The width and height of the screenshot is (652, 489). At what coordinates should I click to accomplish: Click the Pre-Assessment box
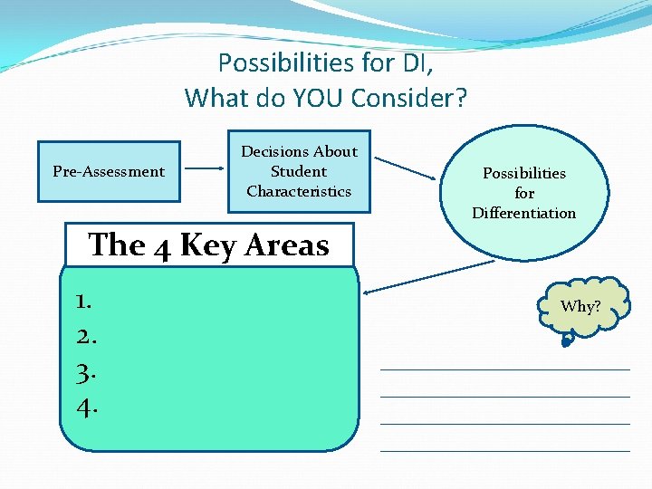(109, 171)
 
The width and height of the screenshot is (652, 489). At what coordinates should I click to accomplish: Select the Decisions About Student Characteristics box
(299, 171)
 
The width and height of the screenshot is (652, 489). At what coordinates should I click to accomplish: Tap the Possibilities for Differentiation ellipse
(523, 193)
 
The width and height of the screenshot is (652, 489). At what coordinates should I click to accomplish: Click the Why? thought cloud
(580, 306)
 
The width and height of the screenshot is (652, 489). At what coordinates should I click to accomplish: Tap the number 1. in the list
(87, 300)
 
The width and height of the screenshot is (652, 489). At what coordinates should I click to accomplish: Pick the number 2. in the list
(87, 336)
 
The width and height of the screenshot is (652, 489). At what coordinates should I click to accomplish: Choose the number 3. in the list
(87, 372)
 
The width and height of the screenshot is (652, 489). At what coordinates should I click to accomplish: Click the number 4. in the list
(87, 408)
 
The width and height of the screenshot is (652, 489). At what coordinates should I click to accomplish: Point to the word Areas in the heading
(291, 245)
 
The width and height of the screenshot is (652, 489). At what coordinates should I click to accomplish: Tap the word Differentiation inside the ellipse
(523, 213)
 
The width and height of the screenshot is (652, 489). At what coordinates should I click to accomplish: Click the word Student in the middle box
(299, 171)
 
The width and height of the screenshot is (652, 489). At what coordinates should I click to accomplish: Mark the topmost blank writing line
(504, 369)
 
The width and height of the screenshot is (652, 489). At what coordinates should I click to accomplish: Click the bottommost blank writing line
(504, 450)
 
